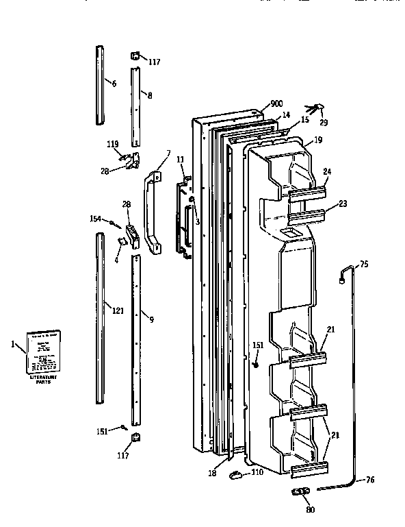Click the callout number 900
click(x=276, y=103)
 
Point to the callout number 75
click(x=363, y=264)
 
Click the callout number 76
click(x=371, y=479)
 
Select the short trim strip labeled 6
click(x=101, y=86)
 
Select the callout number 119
click(x=112, y=145)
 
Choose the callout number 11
click(x=181, y=160)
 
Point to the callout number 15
click(x=304, y=119)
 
